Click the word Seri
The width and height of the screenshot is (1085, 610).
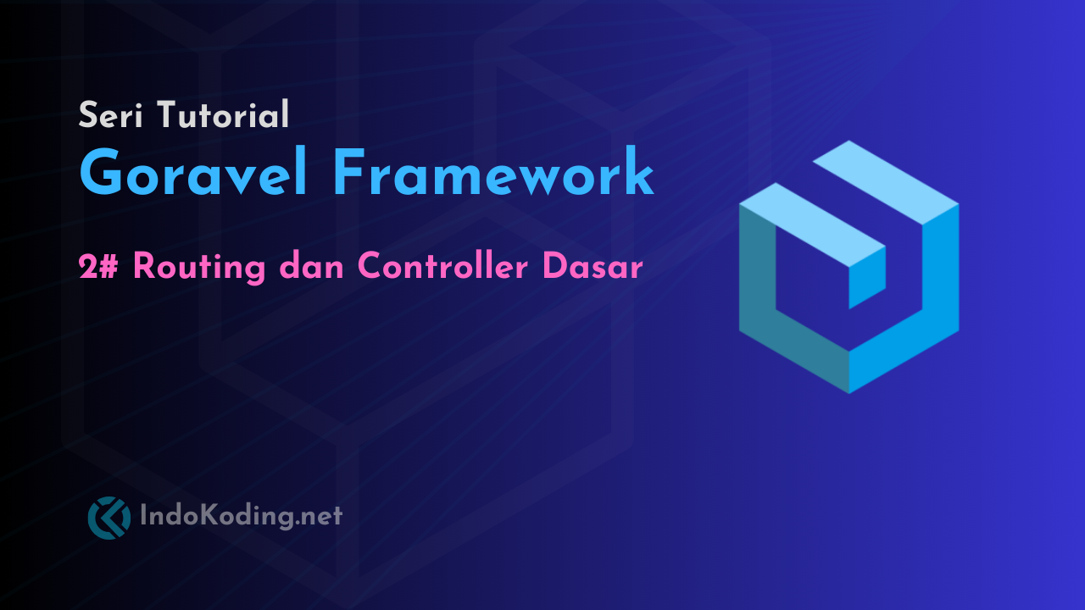110,114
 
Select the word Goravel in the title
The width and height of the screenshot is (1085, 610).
193,174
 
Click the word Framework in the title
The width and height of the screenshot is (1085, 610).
492,174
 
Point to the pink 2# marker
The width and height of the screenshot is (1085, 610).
99,267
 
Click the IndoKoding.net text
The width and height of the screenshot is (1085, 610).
241,515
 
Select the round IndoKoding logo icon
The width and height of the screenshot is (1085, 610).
109,518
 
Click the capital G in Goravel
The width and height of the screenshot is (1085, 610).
104,174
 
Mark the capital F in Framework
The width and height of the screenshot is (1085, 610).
350,174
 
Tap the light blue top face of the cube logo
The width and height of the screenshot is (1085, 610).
882,174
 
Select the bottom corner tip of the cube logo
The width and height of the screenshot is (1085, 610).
849,391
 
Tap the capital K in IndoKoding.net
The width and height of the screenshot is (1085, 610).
210,515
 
